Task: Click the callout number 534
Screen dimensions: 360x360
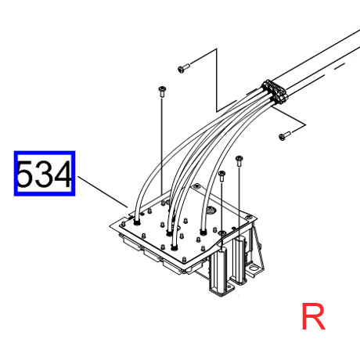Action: pos(44,174)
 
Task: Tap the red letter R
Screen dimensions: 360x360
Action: pos(313,316)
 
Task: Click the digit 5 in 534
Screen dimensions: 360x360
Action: pos(26,174)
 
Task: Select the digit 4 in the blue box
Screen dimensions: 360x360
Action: pos(63,174)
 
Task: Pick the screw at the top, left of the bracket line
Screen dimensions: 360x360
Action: pos(184,68)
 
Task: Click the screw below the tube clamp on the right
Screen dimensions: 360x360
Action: pos(284,135)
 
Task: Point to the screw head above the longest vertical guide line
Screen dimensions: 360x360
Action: pos(162,92)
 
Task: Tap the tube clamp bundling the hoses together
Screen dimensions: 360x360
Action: pos(275,92)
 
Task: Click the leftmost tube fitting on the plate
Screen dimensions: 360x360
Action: pos(136,222)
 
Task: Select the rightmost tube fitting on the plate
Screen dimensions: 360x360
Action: pos(203,232)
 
